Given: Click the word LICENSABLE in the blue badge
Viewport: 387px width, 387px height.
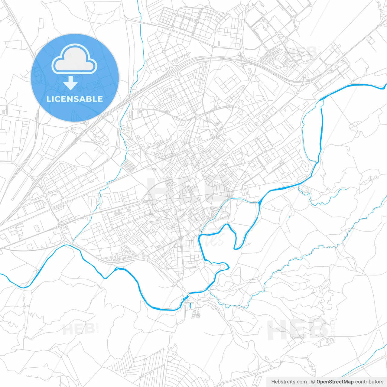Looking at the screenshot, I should (x=75, y=99).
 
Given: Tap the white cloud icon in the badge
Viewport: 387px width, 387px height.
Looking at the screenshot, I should (x=74, y=59).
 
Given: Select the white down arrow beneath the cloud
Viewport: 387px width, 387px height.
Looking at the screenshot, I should (x=71, y=83).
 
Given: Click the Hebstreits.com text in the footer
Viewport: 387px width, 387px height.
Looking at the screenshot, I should (x=289, y=382).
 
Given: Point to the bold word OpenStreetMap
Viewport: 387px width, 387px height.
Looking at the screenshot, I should (x=335, y=382).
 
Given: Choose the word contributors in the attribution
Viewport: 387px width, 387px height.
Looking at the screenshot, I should (x=369, y=382).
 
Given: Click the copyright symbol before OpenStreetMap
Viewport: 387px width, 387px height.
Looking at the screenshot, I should (x=313, y=382).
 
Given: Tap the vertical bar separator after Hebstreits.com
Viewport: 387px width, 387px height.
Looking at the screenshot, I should (x=309, y=382).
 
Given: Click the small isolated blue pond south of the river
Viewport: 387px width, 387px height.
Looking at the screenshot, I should (x=190, y=306).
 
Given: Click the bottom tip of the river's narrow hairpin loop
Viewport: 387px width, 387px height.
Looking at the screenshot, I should (x=238, y=248).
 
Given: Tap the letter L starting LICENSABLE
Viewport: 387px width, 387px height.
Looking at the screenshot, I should (x=48, y=99).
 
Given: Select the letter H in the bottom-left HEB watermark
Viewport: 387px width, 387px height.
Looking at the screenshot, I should (x=67, y=329).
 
